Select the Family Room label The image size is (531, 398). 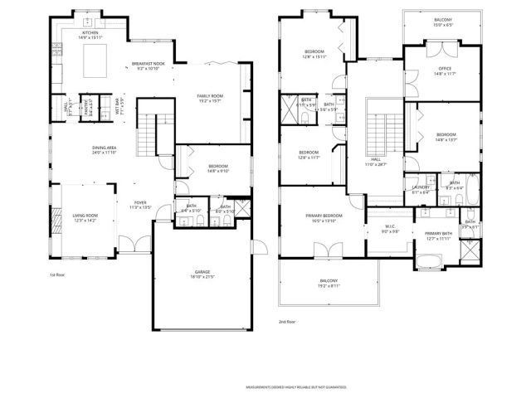click(x=211, y=98)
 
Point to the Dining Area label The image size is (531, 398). click(x=105, y=150)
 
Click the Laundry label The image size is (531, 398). click(x=420, y=190)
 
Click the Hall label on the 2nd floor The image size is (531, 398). click(x=375, y=162)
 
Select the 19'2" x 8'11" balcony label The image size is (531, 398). click(x=329, y=283)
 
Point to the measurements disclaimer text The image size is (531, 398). click(x=295, y=386)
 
